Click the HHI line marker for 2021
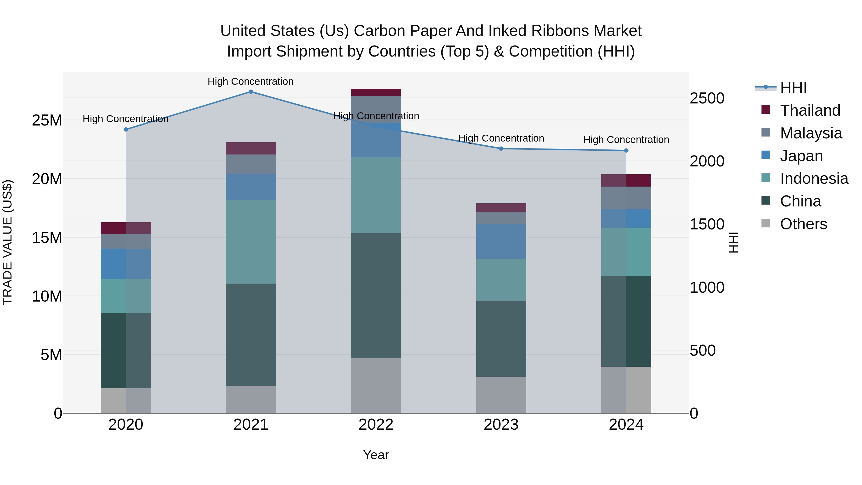pos(251,92)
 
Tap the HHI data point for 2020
pos(126,130)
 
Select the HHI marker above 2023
pos(501,148)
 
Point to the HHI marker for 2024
pos(626,151)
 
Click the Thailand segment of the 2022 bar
pos(376,92)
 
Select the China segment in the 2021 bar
pos(251,335)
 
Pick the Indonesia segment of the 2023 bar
pos(501,280)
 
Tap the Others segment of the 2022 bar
pos(376,385)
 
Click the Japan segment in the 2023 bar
pos(501,241)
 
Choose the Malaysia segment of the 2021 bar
pos(251,164)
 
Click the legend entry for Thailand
pos(810,110)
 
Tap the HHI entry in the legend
pos(793,88)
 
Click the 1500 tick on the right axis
pos(707,224)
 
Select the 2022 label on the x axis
pos(376,425)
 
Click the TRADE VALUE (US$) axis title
pos(7,242)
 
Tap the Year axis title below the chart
pos(376,455)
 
